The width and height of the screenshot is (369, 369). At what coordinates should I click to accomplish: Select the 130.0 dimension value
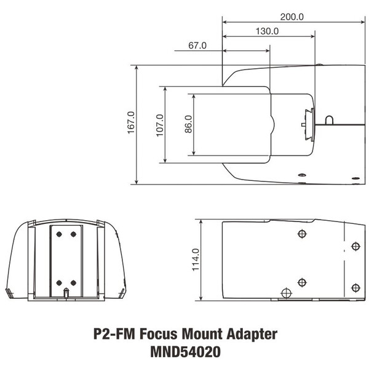tap(267, 31)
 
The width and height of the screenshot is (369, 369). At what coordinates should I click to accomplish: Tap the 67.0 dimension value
tap(197, 46)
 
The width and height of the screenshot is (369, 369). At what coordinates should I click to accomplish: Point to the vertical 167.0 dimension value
tap(130, 123)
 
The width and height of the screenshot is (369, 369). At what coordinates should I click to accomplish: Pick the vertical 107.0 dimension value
tap(159, 125)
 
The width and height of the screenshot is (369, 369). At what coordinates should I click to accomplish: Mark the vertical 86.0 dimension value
tap(188, 124)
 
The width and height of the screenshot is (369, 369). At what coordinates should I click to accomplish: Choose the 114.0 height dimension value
tap(195, 260)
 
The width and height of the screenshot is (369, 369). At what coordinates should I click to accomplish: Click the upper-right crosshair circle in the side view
tap(355, 247)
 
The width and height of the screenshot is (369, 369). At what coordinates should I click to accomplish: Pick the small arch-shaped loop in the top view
tap(330, 117)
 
